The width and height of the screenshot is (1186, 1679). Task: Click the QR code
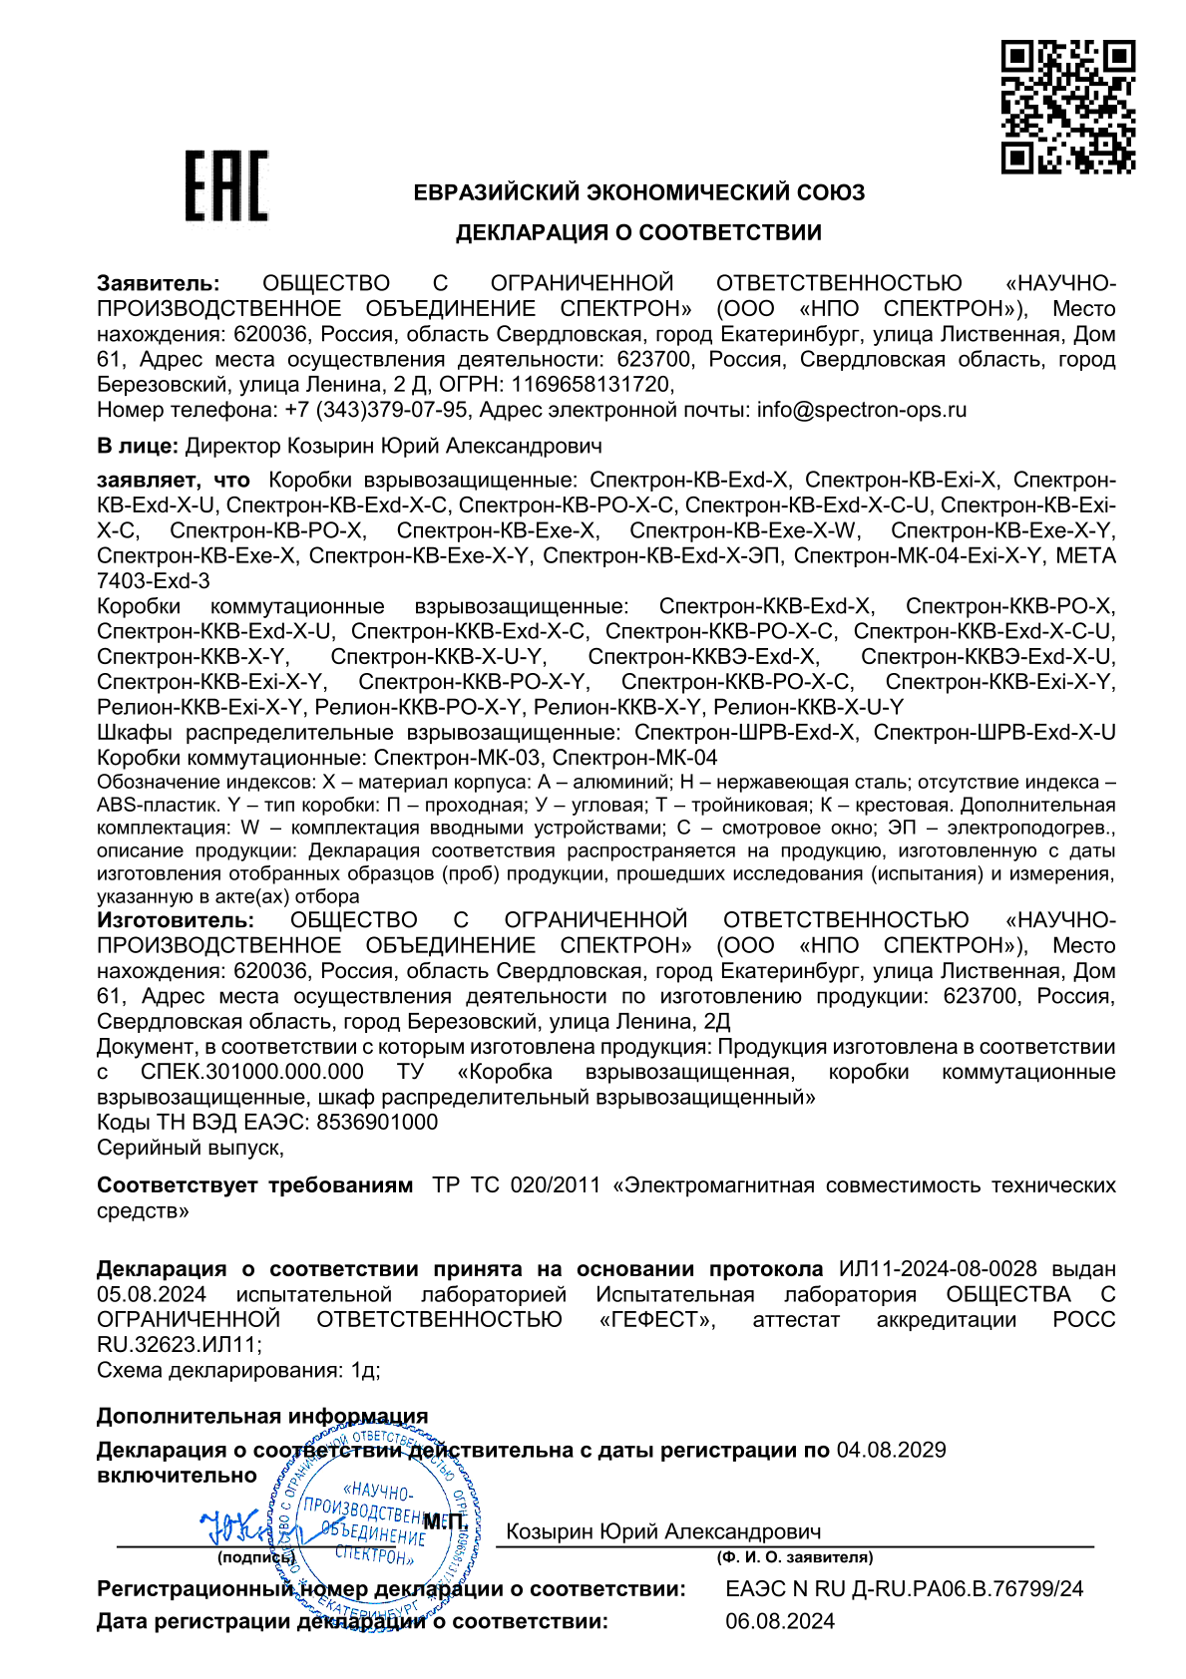(1067, 107)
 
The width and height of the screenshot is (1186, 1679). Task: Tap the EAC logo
(226, 186)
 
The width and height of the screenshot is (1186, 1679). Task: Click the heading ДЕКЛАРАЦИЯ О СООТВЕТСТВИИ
(638, 233)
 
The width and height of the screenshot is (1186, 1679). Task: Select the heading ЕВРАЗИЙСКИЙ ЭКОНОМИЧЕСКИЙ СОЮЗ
(638, 193)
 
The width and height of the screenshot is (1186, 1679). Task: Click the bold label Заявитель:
(158, 284)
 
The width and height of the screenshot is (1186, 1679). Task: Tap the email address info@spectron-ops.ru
(861, 410)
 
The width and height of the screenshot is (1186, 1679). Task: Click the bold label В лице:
(138, 446)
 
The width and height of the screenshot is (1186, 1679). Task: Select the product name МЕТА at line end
(1085, 556)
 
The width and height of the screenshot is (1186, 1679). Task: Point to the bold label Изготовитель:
(176, 920)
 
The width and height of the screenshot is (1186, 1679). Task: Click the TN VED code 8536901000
(377, 1123)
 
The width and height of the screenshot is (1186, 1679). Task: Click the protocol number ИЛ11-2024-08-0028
(938, 1269)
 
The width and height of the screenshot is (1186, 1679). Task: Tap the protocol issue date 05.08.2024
(152, 1294)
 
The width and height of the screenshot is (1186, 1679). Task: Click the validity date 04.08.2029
(891, 1450)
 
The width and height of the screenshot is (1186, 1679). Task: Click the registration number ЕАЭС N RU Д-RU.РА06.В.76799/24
(904, 1589)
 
